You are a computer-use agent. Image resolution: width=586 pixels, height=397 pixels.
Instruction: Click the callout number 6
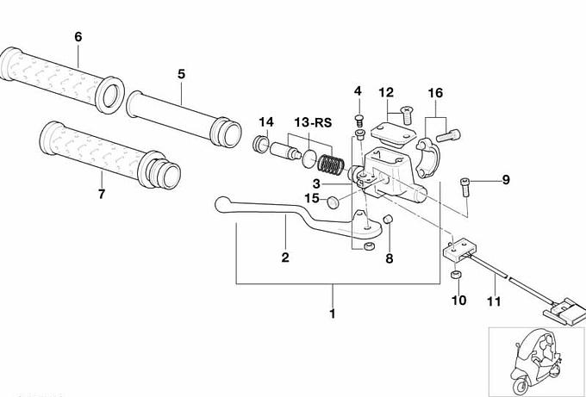tap(78, 37)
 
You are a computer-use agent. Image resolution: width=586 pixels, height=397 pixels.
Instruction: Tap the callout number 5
tap(181, 74)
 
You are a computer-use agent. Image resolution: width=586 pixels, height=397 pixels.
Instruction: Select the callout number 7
tap(102, 195)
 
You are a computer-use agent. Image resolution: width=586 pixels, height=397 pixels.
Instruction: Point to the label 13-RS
tap(313, 122)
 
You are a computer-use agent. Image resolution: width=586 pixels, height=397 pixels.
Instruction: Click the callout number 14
tap(266, 122)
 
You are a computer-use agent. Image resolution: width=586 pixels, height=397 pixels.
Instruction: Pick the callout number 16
tap(435, 93)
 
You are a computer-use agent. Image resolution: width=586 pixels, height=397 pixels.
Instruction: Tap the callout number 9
tap(506, 180)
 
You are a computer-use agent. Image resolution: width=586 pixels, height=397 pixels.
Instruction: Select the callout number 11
tap(494, 301)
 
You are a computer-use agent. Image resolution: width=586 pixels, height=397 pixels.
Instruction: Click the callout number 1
tap(333, 313)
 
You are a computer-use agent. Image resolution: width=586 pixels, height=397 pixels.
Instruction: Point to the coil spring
tap(331, 164)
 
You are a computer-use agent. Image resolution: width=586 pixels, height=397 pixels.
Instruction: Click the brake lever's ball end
tap(222, 204)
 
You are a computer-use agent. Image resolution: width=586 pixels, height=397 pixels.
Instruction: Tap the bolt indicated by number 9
tap(465, 187)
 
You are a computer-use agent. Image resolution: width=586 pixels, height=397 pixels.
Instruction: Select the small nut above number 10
tap(455, 276)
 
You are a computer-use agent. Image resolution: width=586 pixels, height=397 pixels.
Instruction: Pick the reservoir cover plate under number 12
tap(393, 133)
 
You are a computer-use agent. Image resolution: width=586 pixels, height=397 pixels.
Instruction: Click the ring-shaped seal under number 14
tap(260, 144)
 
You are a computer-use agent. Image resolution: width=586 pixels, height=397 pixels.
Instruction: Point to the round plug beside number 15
tap(333, 202)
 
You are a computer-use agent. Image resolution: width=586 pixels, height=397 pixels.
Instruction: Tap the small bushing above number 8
tap(388, 219)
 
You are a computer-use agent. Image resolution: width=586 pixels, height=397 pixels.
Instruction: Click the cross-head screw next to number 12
tap(406, 115)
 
